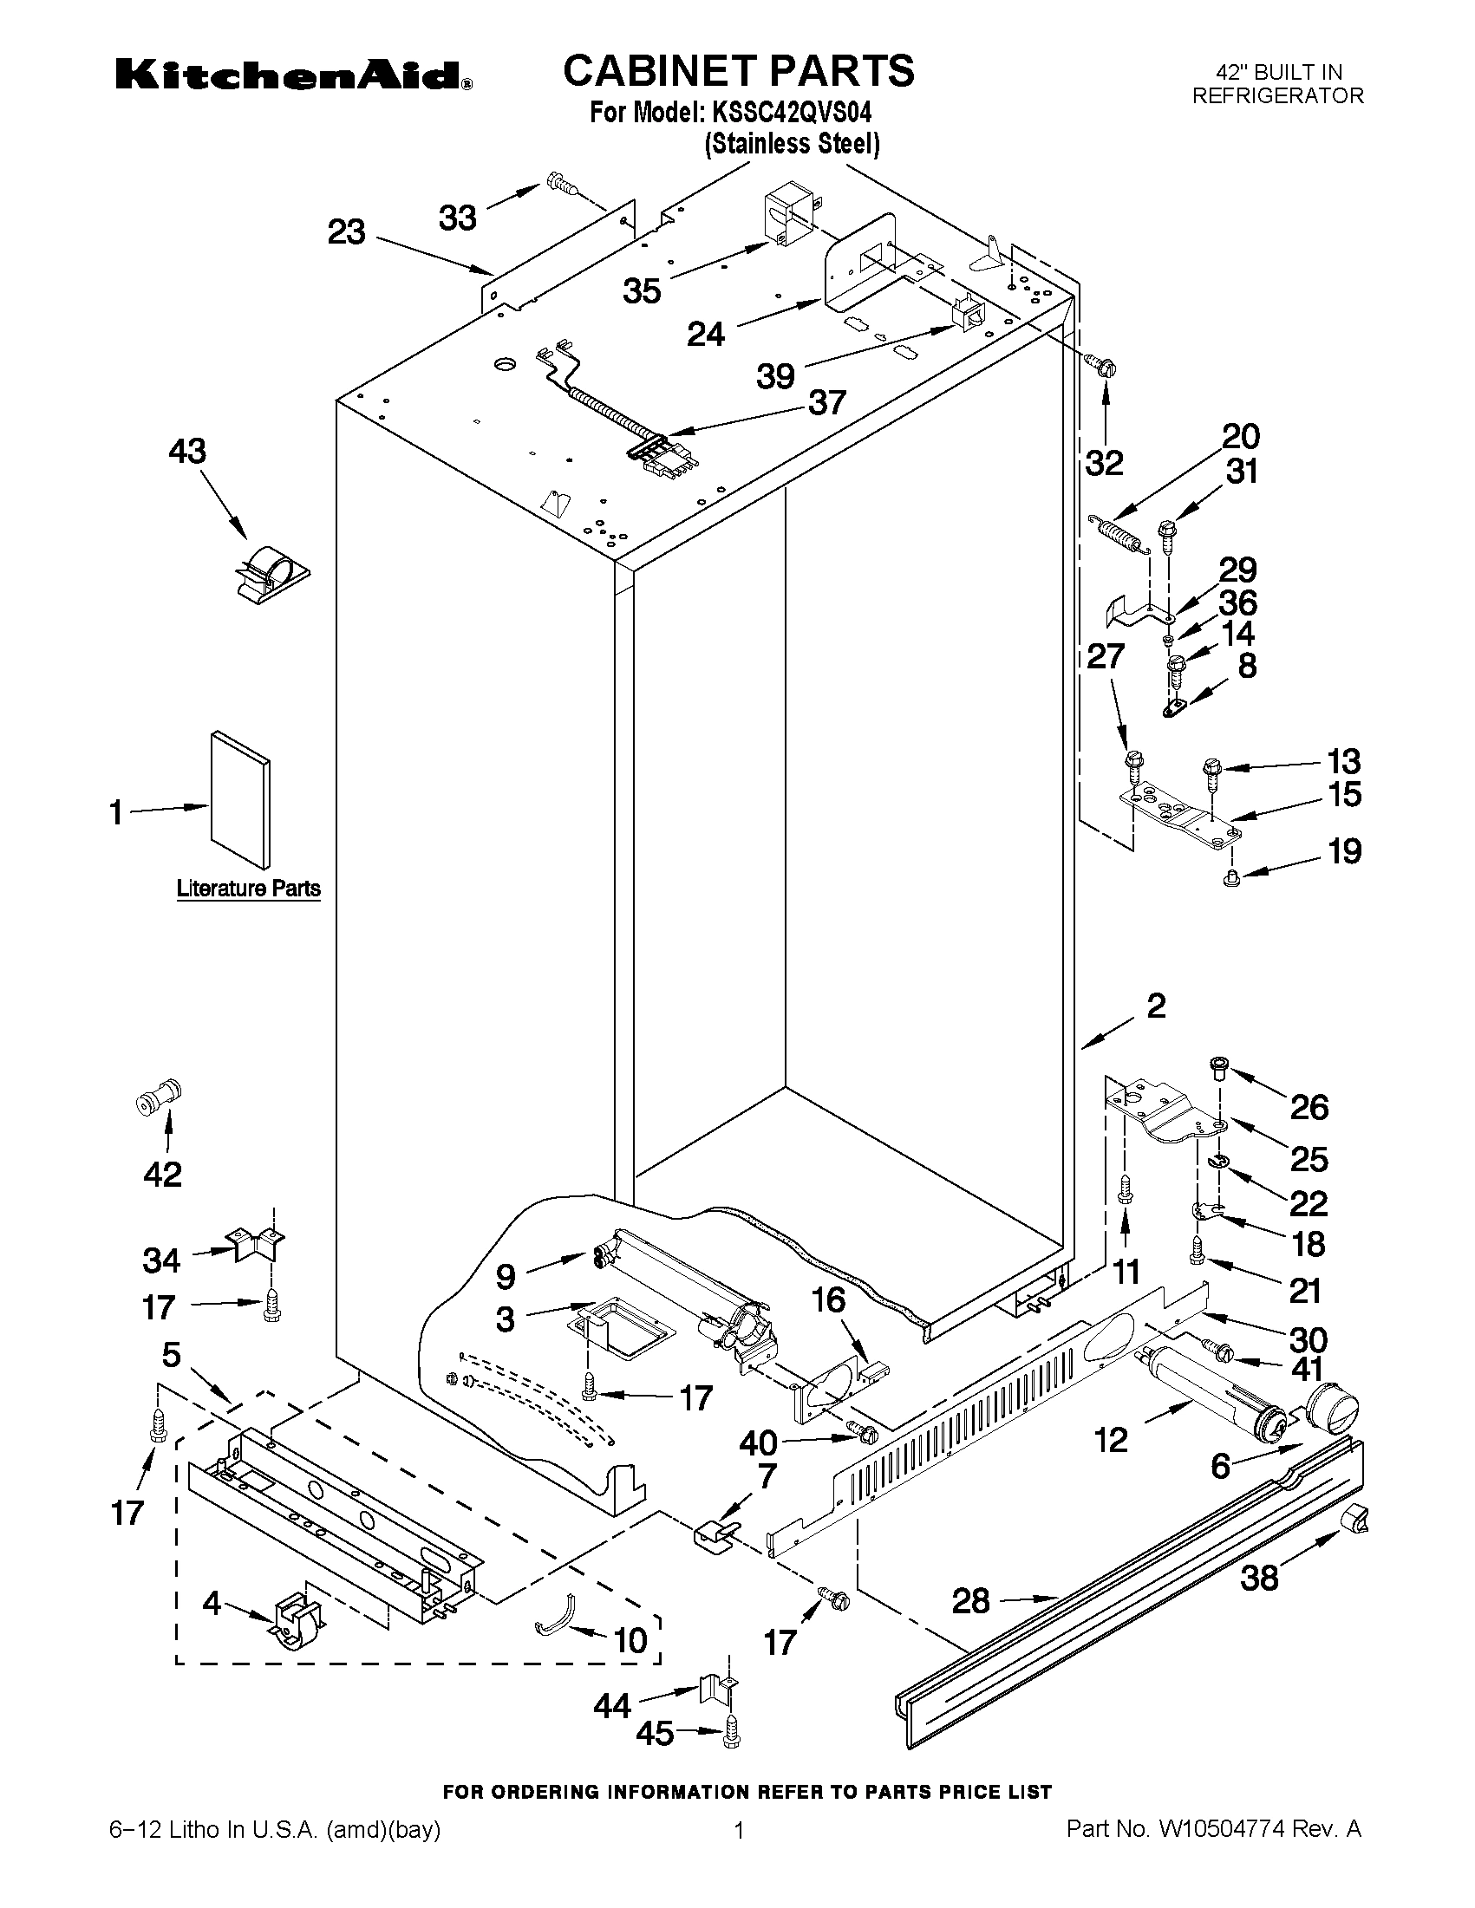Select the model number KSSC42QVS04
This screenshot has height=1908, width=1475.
coord(790,113)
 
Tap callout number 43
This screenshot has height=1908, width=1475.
coord(187,452)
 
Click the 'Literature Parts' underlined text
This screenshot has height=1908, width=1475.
coord(248,889)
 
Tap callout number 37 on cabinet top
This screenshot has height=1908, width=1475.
coord(826,403)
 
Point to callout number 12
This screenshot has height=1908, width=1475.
coord(1111,1439)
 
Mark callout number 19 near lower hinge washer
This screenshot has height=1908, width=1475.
coord(1345,851)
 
